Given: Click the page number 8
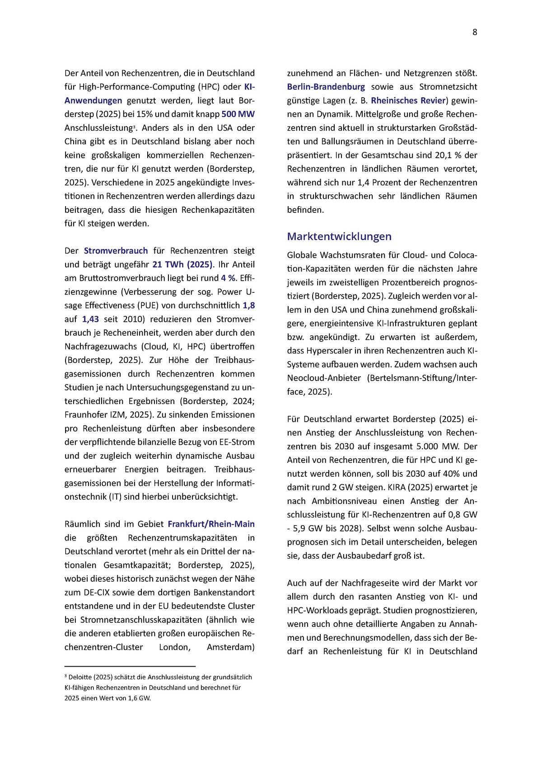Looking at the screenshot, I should (x=475, y=32).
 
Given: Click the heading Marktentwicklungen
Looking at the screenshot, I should (x=339, y=236).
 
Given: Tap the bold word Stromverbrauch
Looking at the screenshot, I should (x=116, y=250).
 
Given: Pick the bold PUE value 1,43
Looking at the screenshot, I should (x=90, y=319).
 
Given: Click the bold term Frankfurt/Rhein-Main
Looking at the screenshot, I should (x=211, y=524).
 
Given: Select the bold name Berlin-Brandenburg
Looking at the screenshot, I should (x=326, y=87).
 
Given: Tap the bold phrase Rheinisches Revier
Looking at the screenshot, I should (x=408, y=100).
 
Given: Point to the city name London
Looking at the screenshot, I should (x=174, y=647).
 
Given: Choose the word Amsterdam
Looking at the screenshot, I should (x=230, y=647).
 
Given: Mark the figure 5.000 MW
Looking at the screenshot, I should (x=436, y=446).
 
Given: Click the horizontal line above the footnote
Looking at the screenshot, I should (x=130, y=666).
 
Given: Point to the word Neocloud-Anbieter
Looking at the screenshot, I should (x=324, y=378).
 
